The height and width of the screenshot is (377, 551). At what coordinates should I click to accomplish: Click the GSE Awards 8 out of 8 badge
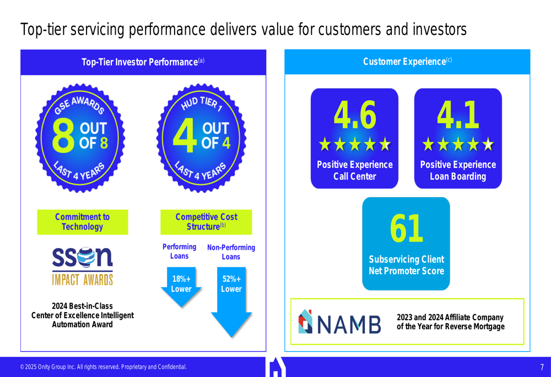coord(80,138)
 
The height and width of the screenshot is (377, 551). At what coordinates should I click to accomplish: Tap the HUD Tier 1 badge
coord(201,138)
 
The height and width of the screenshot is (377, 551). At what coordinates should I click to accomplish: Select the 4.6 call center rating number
coord(354,115)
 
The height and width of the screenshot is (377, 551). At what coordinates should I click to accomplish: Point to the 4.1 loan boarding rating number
coord(458,115)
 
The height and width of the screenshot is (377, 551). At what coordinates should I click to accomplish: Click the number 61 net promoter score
coord(406,228)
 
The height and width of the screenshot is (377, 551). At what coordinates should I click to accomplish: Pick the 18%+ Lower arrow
coord(181,287)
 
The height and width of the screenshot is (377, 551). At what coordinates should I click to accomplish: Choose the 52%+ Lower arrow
coord(231,302)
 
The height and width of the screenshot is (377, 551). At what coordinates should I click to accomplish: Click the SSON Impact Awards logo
coord(83,266)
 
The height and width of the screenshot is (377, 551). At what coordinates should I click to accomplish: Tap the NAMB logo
coord(339,321)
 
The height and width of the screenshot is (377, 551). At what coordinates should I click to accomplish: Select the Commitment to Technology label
coord(83,222)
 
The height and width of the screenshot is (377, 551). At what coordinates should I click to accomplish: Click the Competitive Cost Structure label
coord(206,222)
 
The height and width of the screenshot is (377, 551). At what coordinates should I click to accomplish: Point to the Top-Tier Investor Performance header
coord(143,62)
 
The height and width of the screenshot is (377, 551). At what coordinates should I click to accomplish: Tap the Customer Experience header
coord(407,62)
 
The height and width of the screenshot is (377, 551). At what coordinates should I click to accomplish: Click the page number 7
coord(542,367)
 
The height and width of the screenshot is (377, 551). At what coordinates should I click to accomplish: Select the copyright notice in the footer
coord(104,367)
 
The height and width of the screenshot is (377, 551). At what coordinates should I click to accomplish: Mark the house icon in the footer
coord(275,367)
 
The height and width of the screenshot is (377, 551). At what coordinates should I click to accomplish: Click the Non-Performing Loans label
coord(231,252)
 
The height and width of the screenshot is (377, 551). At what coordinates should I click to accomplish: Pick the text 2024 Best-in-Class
coord(82,306)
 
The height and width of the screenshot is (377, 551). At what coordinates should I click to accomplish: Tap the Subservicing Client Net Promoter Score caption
coord(406,265)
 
